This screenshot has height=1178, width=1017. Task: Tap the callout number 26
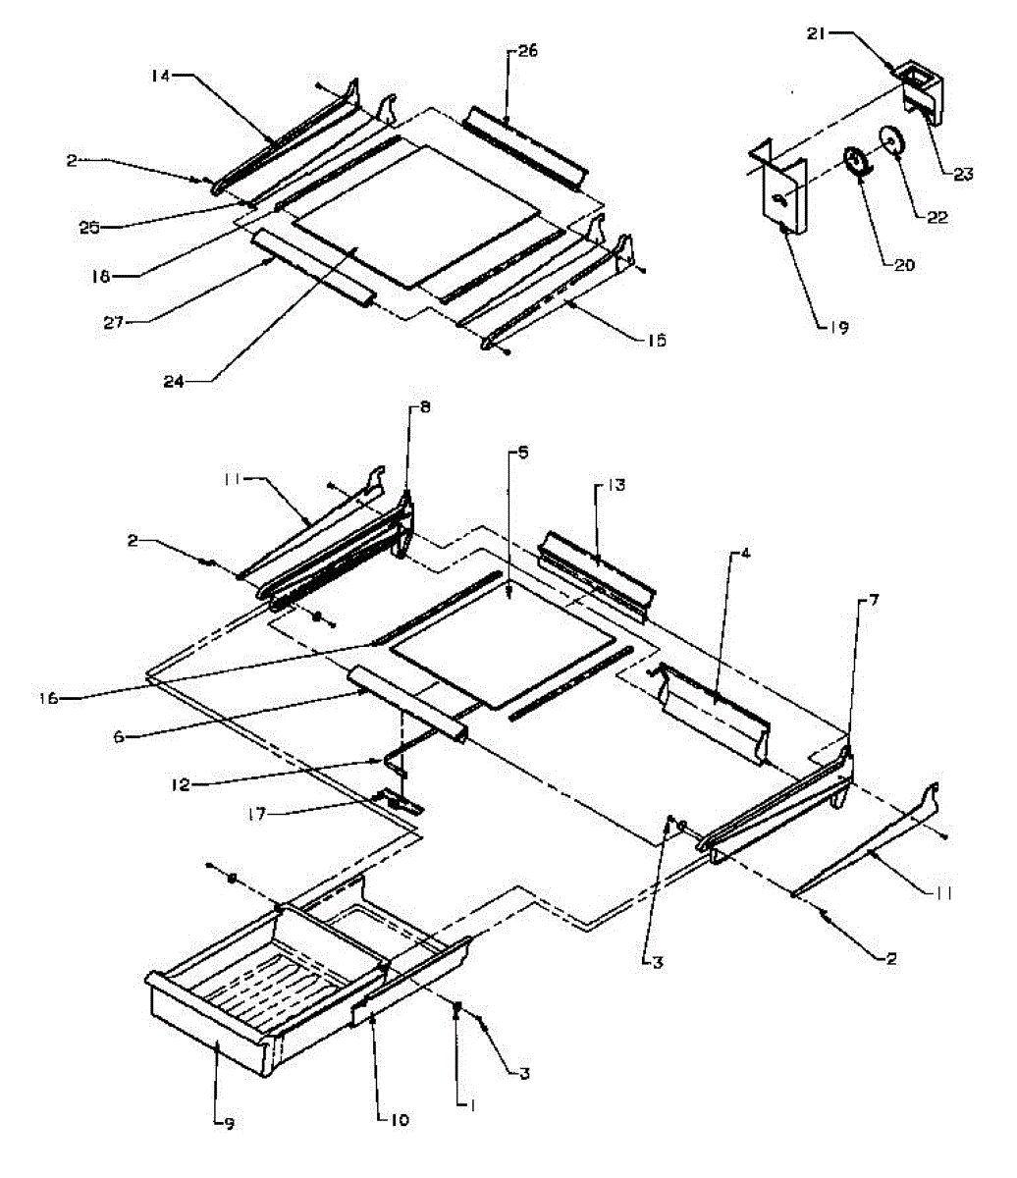[527, 51]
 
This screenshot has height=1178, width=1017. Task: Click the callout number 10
[399, 1119]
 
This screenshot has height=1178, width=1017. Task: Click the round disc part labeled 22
[893, 141]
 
